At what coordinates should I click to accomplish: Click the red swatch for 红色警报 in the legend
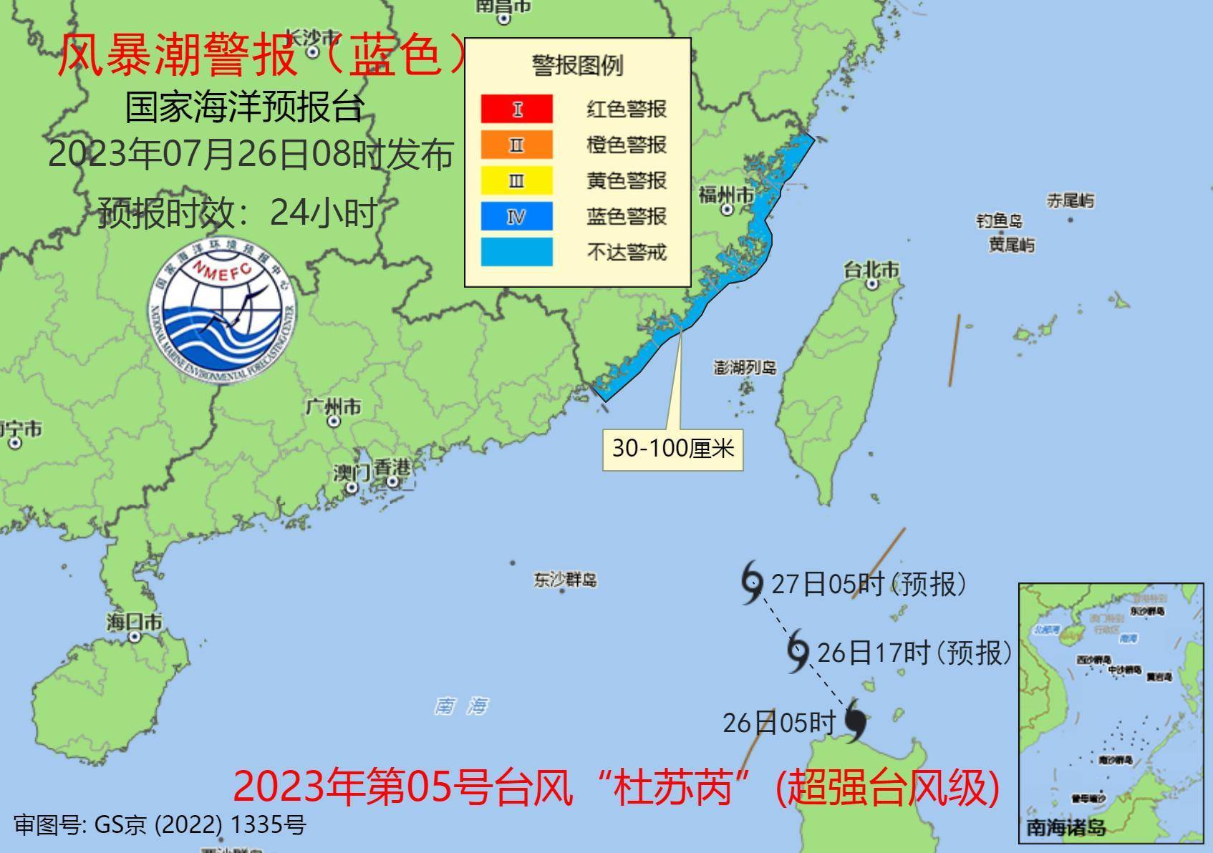tap(516, 109)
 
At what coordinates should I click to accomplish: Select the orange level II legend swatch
tap(516, 145)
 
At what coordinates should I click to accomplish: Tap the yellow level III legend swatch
tap(516, 180)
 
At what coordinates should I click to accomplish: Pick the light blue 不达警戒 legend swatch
tap(516, 252)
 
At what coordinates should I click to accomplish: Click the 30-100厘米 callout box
tap(672, 449)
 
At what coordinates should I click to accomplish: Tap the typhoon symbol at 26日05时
tap(855, 721)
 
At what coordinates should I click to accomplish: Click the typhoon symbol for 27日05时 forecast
tap(751, 583)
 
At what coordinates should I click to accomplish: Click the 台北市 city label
tap(871, 270)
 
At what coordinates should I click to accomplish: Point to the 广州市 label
tap(333, 407)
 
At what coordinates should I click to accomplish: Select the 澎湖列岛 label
tap(745, 368)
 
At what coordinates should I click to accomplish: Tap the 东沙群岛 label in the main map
tap(565, 579)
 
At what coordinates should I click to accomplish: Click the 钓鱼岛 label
tap(1000, 221)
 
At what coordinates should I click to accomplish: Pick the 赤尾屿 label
tap(1071, 200)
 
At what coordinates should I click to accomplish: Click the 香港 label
tap(393, 468)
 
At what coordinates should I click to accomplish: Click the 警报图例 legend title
tap(577, 65)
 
